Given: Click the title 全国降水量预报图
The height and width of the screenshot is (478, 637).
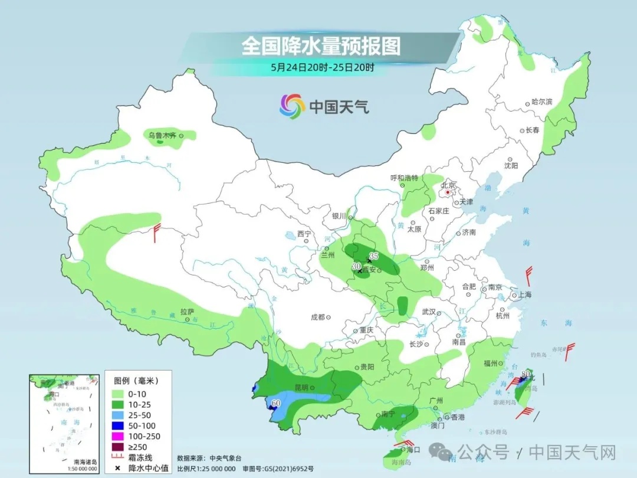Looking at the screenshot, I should point(320,46).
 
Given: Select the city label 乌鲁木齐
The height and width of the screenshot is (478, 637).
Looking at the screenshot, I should point(162,136).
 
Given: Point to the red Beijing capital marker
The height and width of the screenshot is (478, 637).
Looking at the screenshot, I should point(448,192).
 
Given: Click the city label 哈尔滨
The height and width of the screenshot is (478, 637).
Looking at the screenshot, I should point(541,102).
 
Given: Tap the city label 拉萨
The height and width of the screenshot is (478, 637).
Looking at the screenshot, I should point(187,311).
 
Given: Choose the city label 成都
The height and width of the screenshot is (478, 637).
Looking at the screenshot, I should point(318,317).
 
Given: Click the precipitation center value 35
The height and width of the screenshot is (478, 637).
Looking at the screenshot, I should point(373,256).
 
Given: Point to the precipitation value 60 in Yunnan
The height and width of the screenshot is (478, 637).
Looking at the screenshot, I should point(275,404).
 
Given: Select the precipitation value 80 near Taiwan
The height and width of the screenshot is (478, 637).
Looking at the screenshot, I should point(527,373).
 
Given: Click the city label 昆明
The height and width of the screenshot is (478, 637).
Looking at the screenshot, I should point(301,388).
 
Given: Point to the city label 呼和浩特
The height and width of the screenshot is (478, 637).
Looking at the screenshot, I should point(404,178).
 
